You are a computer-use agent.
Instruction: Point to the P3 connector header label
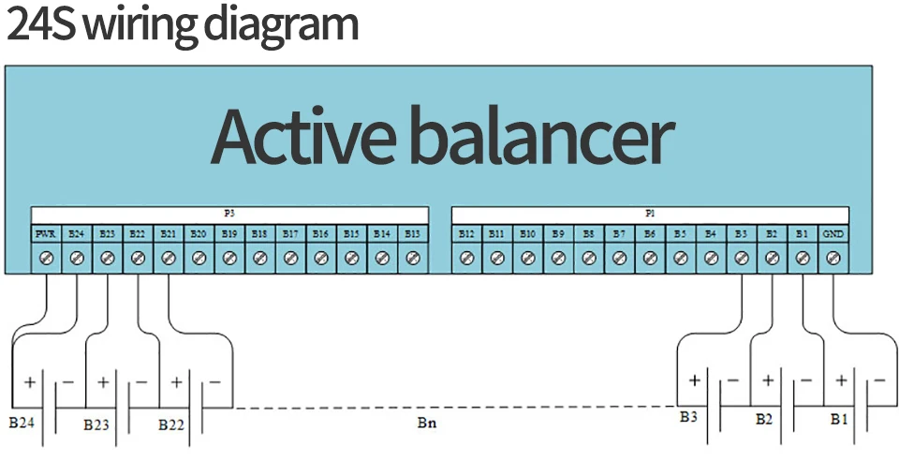229,214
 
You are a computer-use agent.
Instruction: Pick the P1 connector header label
650,214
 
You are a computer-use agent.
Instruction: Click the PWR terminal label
46,232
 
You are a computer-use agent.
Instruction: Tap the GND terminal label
833,232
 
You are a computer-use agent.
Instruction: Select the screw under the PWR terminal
46,256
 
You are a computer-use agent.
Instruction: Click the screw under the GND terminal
833,256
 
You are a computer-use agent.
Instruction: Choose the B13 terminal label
412,232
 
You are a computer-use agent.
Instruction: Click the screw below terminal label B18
259,256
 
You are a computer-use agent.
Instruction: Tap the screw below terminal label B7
619,256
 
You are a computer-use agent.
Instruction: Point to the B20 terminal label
199,232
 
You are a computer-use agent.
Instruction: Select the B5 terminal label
680,232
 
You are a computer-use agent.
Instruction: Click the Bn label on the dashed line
426,424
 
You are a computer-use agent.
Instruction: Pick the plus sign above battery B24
29,382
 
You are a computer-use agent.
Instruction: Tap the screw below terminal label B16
320,256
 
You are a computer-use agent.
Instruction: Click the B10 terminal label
528,232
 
